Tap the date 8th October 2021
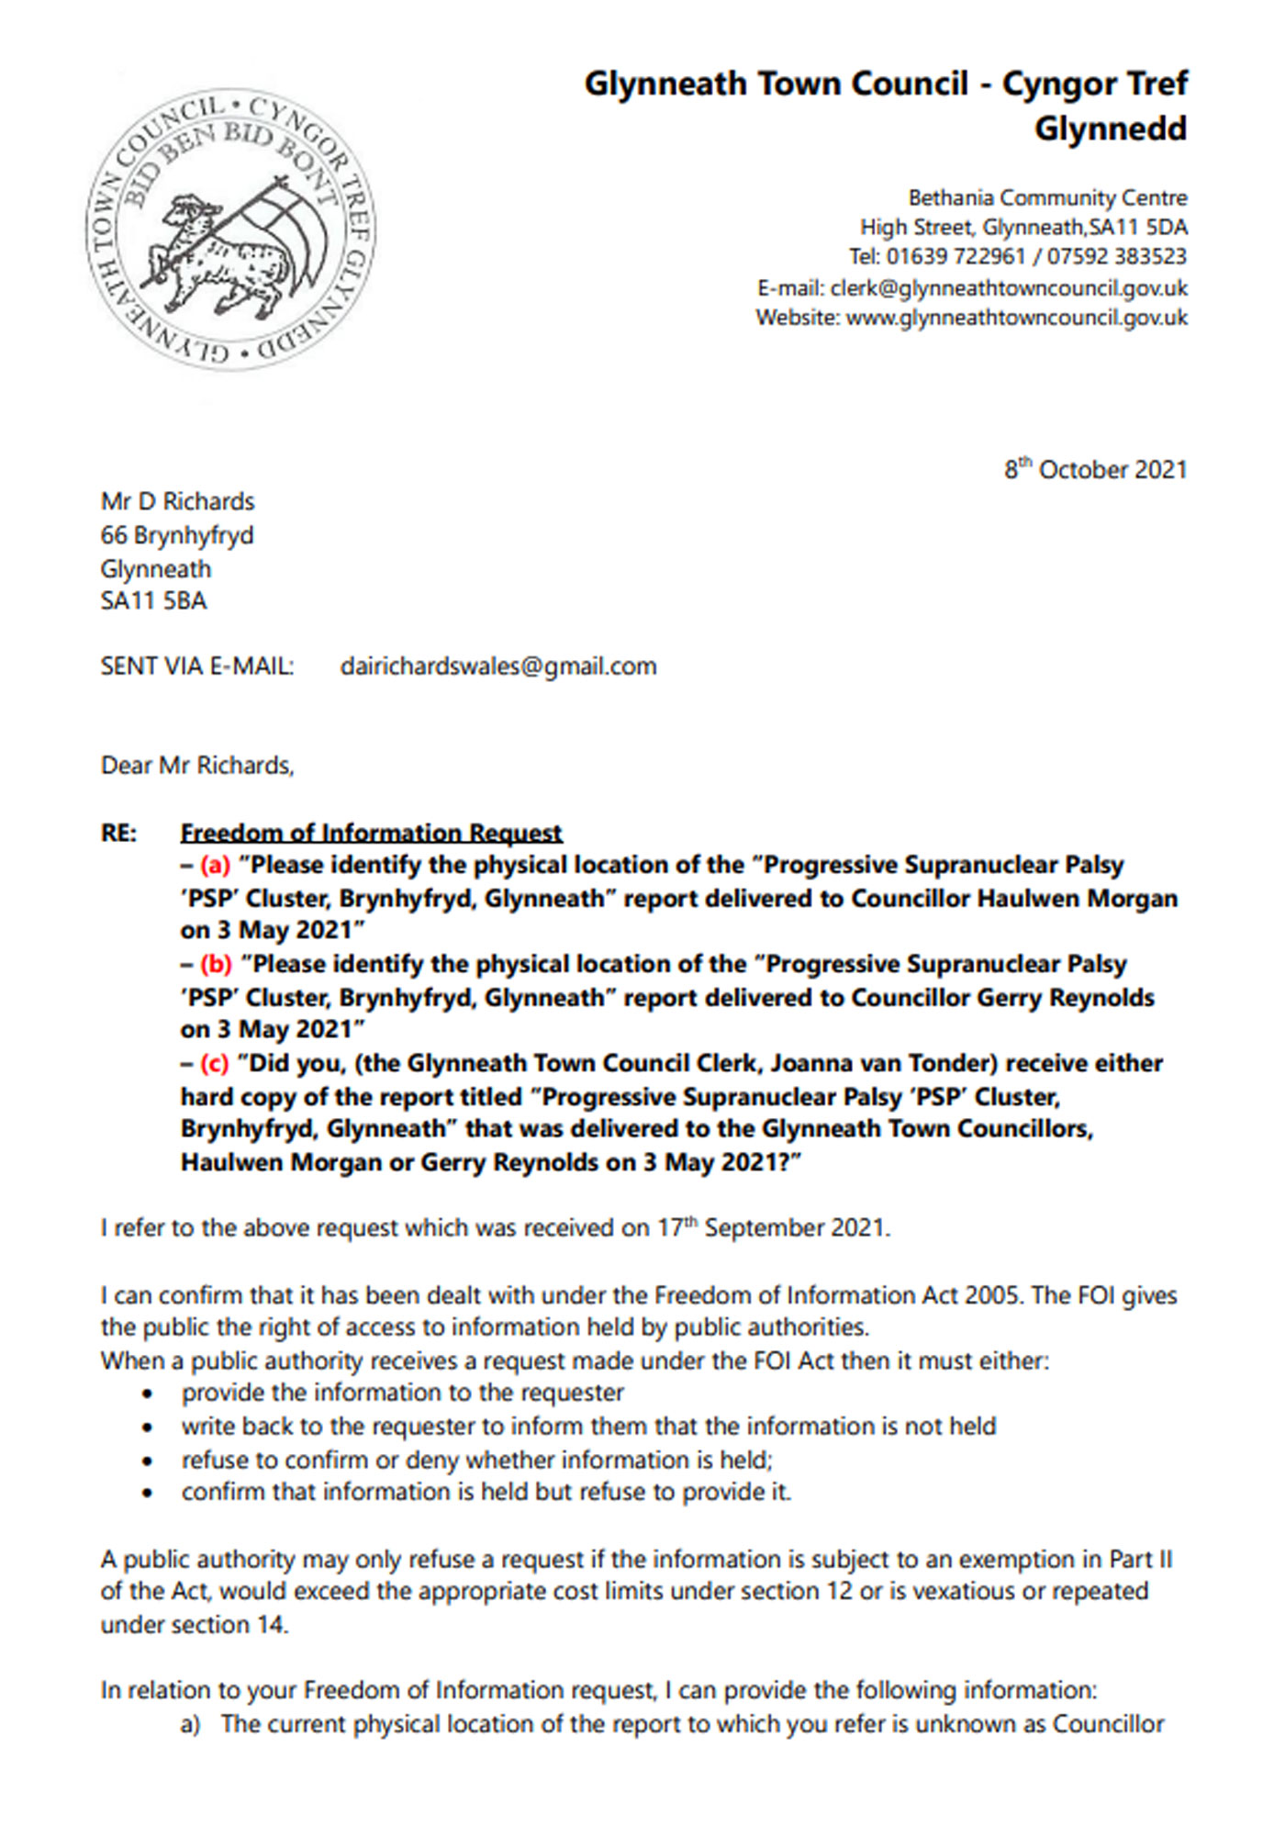[x=1095, y=470]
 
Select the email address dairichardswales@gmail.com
[x=498, y=666]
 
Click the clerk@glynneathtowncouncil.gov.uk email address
[x=1009, y=288]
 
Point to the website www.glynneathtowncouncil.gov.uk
[x=1016, y=319]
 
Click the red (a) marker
[x=215, y=866]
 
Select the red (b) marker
[x=216, y=965]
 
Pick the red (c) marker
[x=215, y=1064]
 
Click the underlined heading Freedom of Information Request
[x=371, y=833]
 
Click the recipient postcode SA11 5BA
[x=154, y=601]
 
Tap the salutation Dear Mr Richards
[x=197, y=766]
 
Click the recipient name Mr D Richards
[x=177, y=502]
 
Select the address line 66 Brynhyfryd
[x=177, y=535]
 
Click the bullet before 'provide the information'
[x=147, y=1394]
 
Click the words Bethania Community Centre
[x=1047, y=198]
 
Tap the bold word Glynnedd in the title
[x=1111, y=129]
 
